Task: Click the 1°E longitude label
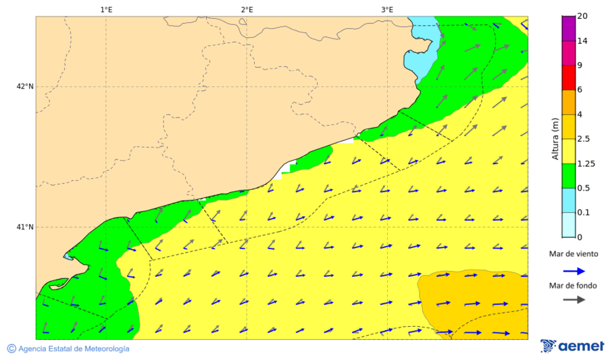pos(106,9)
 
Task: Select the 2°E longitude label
pos(247,9)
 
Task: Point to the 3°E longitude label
pos(387,9)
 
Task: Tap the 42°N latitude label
pos(25,86)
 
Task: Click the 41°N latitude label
pos(25,227)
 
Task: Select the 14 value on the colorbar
pos(582,41)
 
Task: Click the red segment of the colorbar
pos(568,78)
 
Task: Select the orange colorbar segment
pos(568,102)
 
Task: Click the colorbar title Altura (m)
pos(555,138)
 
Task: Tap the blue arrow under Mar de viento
pos(574,272)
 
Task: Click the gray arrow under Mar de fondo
pos(574,300)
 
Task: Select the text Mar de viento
pos(574,254)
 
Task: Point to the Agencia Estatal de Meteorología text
pos(74,349)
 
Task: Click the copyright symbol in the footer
pos(11,349)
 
